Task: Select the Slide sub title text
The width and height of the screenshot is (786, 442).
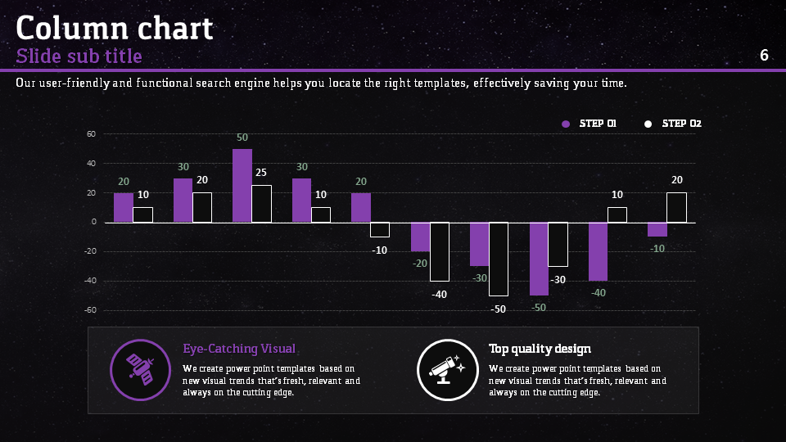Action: [x=79, y=56]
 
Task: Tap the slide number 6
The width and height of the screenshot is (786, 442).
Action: [x=764, y=56]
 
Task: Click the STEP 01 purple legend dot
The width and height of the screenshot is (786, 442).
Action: [x=565, y=124]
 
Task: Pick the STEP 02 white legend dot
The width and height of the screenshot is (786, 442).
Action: [x=648, y=124]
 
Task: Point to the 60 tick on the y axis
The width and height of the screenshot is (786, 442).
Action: [x=92, y=134]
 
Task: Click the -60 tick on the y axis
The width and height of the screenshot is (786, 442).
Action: [x=90, y=310]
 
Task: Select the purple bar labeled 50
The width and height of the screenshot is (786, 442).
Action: [x=242, y=186]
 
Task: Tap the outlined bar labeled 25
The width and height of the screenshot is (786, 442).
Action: [x=261, y=204]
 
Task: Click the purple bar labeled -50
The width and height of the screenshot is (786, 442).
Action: [x=539, y=259]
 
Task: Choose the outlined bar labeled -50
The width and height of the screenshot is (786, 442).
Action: [x=499, y=259]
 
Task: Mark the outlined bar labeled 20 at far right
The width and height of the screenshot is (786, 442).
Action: [x=676, y=208]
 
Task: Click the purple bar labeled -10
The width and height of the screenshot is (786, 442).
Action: [x=657, y=229]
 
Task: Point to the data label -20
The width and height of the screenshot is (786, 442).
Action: [x=420, y=264]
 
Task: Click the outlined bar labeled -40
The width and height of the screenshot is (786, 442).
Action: [x=440, y=251]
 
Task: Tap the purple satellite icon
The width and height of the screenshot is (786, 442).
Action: [x=140, y=369]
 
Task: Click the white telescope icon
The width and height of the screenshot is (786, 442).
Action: [x=446, y=369]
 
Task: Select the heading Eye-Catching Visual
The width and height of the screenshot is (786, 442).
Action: [x=239, y=349]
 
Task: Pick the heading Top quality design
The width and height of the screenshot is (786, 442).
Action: [x=540, y=349]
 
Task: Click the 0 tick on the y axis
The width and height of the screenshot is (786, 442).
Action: [x=94, y=222]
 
